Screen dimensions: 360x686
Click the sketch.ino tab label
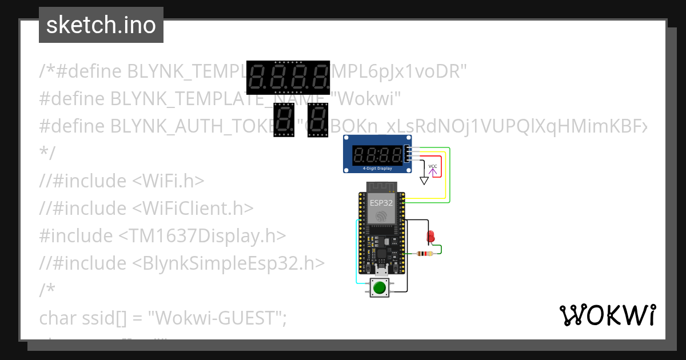pyautogui.click(x=101, y=25)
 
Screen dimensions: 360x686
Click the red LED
pyautogui.click(x=431, y=236)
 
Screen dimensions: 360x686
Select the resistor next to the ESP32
pyautogui.click(x=425, y=254)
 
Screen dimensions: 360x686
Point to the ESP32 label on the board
pyautogui.click(x=381, y=203)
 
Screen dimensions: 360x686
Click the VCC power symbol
pyautogui.click(x=433, y=167)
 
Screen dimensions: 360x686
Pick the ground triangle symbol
pyautogui.click(x=424, y=181)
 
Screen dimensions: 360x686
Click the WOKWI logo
pyautogui.click(x=607, y=315)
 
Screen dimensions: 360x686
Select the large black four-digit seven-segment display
pyautogui.click(x=289, y=77)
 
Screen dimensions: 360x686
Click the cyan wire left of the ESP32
pyautogui.click(x=357, y=251)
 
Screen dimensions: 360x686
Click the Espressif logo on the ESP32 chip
pyautogui.click(x=381, y=217)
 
